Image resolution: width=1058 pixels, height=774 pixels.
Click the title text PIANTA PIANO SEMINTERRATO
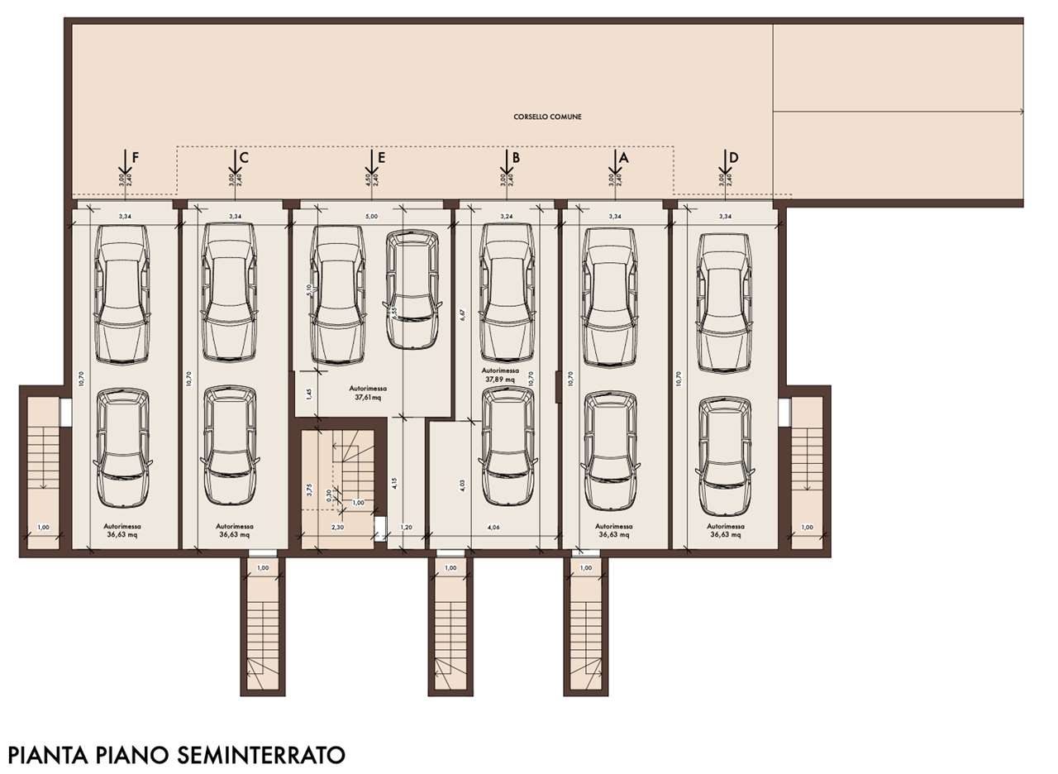pos(175,754)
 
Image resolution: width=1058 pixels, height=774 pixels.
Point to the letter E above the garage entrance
pos(380,157)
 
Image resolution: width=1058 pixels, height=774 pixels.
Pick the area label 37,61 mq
pos(368,396)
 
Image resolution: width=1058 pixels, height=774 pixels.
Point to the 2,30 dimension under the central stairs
pos(338,527)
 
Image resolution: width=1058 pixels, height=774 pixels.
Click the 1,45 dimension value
pos(308,394)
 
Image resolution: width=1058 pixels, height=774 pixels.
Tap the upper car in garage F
pos(122,294)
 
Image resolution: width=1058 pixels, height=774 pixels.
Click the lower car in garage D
pos(725,456)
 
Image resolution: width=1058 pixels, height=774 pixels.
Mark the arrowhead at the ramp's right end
pos(1022,111)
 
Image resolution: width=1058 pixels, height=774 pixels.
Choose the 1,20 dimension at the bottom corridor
pos(406,527)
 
